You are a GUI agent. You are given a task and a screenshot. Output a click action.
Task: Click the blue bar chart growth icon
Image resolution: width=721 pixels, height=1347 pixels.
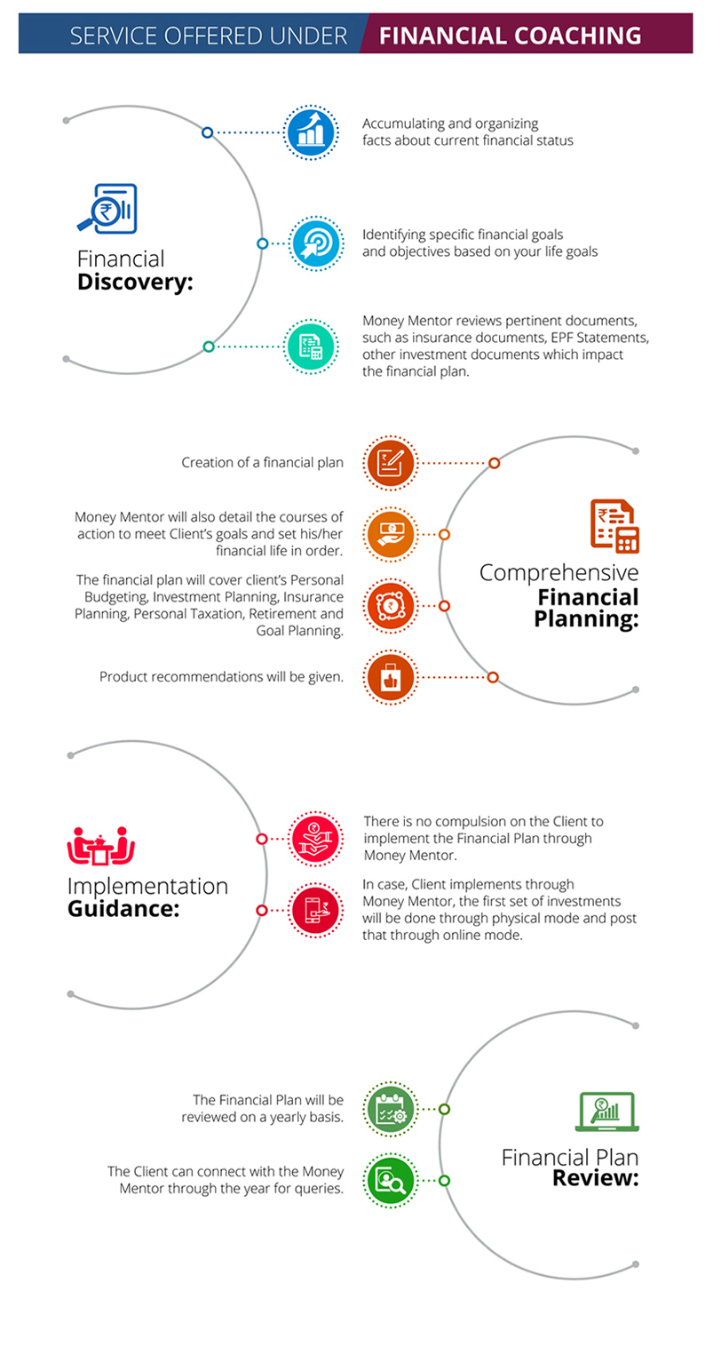(x=311, y=132)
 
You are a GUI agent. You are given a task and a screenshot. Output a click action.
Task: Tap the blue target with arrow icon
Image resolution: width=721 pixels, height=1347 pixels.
(x=316, y=243)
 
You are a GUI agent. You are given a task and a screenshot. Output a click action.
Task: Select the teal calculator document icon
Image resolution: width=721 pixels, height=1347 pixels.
(x=311, y=347)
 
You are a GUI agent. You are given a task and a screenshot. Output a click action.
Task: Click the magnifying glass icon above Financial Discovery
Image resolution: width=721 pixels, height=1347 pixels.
(x=107, y=208)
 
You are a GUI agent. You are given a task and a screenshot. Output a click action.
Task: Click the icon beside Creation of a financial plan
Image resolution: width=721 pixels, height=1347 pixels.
(x=391, y=463)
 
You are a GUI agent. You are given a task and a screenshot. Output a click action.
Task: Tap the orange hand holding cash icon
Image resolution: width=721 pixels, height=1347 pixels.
(x=391, y=535)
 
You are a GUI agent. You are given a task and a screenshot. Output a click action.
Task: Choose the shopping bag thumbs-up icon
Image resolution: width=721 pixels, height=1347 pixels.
(x=391, y=677)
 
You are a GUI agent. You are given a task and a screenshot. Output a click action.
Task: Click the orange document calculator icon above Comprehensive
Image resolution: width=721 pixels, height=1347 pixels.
(x=614, y=526)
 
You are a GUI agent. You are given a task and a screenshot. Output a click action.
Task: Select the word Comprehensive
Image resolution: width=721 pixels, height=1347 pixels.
(x=559, y=573)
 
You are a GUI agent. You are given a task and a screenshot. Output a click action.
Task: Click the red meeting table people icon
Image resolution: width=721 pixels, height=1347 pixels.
(x=101, y=846)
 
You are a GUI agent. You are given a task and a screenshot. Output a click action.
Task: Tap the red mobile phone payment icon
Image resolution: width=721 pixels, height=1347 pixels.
(x=316, y=911)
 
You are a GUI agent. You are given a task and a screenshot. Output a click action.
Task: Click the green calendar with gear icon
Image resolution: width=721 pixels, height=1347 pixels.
(x=391, y=1110)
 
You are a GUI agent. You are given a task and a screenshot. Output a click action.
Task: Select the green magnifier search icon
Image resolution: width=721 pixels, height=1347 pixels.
(x=391, y=1181)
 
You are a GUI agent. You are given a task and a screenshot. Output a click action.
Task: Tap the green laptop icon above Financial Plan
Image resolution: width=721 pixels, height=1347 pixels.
(x=606, y=1112)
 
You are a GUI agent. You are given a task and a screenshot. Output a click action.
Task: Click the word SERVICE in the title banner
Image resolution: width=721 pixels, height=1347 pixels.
(x=114, y=36)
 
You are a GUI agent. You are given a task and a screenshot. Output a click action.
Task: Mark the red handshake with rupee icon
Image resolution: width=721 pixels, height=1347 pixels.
(x=316, y=839)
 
